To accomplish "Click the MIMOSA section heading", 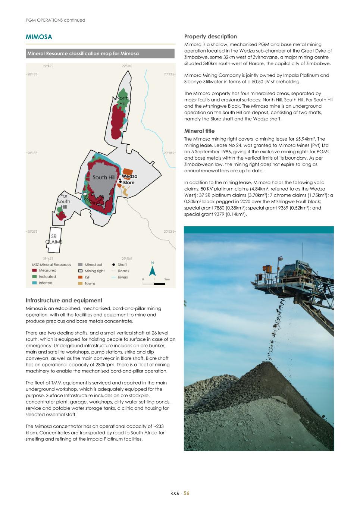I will coord(39,37).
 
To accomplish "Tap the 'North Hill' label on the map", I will coord(122,101).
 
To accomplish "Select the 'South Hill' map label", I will coord(104,177).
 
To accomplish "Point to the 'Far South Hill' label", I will coord(64,201).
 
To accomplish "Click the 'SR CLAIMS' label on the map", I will coord(54,239).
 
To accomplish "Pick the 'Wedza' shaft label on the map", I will coord(129,176).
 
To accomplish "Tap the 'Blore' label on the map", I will coord(129,183).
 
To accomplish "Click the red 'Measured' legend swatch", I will coord(35,271).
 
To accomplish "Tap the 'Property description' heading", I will coord(210,37).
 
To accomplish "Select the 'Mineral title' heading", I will coord(199,131).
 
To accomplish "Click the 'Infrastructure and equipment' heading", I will coord(64,301).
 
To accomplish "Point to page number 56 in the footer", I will coord(186,493).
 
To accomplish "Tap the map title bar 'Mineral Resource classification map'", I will coord(100,54).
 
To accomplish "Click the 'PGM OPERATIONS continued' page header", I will coord(55,20).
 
